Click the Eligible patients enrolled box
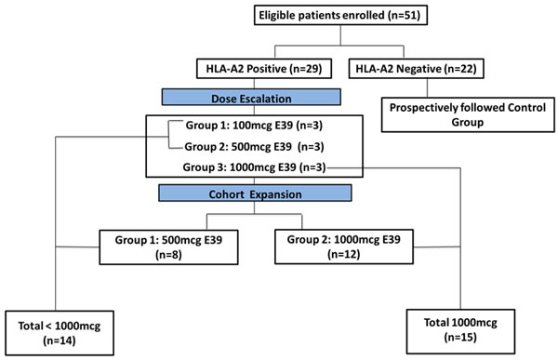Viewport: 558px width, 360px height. coord(340,15)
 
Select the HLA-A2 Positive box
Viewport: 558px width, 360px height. coord(264,68)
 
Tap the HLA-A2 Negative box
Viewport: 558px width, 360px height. coord(416,68)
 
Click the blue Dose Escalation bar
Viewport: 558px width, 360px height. coord(251,98)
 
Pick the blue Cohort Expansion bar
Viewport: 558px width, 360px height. coord(255,193)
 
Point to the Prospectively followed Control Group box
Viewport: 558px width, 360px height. coord(468,114)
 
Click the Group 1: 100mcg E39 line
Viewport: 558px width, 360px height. coord(254,126)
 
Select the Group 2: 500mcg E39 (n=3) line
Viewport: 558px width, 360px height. coord(254,147)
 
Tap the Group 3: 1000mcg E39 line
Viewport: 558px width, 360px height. coord(254,167)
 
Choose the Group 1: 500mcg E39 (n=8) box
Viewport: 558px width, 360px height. coord(168,247)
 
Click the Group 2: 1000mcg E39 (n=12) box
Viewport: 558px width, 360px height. coord(344,247)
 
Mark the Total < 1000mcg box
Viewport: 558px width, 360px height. coord(60,333)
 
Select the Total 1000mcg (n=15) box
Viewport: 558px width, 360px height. coord(460,331)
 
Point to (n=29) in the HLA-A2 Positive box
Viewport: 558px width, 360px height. coord(306,68)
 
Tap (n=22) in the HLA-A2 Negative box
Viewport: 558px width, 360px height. coord(459,68)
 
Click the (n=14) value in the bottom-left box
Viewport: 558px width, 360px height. coord(60,340)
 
